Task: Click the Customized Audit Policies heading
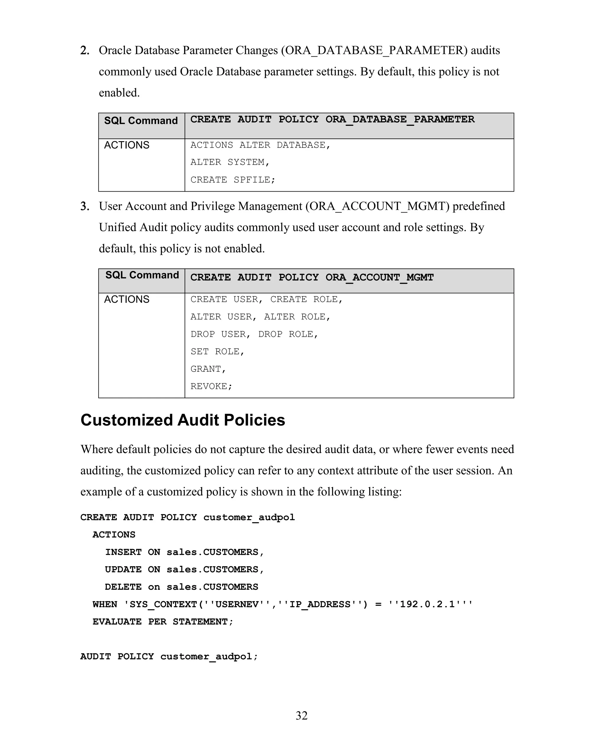pos(183,420)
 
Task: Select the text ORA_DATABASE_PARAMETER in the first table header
pos(400,120)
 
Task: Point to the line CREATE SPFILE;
pos(233,180)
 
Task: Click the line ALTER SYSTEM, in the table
pos(230,162)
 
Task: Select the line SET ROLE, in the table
pos(217,351)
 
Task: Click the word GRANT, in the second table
pos(208,369)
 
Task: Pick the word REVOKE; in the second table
pos(211,386)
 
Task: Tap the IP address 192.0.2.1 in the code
pos(427,604)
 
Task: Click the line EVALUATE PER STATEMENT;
pos(163,622)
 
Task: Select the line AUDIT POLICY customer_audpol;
pos(169,656)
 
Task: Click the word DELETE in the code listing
pos(123,587)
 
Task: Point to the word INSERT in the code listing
pos(123,552)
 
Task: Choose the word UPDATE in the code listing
pos(123,569)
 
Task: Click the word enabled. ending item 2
pos(119,93)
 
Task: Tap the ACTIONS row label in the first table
pos(126,145)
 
